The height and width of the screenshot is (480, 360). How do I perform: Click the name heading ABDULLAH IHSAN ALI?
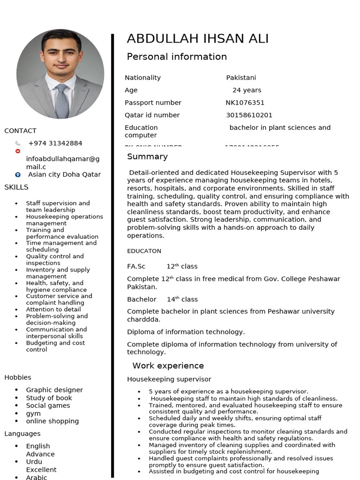coord(197,38)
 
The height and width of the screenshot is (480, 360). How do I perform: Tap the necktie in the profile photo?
coord(62,101)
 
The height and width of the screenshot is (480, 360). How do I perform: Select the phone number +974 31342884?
coord(55,143)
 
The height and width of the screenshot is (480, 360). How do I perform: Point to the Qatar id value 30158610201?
coord(249,115)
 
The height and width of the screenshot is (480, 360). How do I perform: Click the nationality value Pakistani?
coord(241,78)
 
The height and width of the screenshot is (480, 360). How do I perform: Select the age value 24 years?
coord(247,90)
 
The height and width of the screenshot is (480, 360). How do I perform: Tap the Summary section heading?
coord(147,157)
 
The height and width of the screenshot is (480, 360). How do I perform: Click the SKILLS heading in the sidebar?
coord(16,187)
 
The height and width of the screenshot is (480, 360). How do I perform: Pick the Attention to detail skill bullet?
coord(53,309)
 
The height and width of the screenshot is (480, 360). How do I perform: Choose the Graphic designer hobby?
coord(54,390)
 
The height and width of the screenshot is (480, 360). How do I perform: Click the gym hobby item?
coord(33,413)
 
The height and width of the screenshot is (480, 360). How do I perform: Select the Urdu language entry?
coord(34,462)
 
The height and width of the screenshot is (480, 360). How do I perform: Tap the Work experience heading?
coord(168,366)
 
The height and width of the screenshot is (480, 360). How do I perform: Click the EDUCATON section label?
coord(144,251)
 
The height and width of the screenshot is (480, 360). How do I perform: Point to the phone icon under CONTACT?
coord(18,143)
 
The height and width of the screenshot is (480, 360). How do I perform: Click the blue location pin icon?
coord(18,175)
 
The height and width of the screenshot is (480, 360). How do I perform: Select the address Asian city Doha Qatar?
coord(64,175)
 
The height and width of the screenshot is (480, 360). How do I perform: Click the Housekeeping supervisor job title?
coord(169,379)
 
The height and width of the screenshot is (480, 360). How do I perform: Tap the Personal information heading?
coord(177,57)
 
